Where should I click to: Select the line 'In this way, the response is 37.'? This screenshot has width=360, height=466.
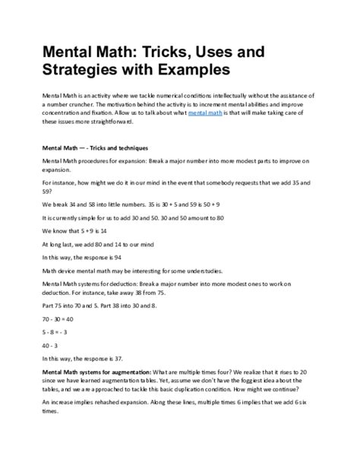click(88, 357)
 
